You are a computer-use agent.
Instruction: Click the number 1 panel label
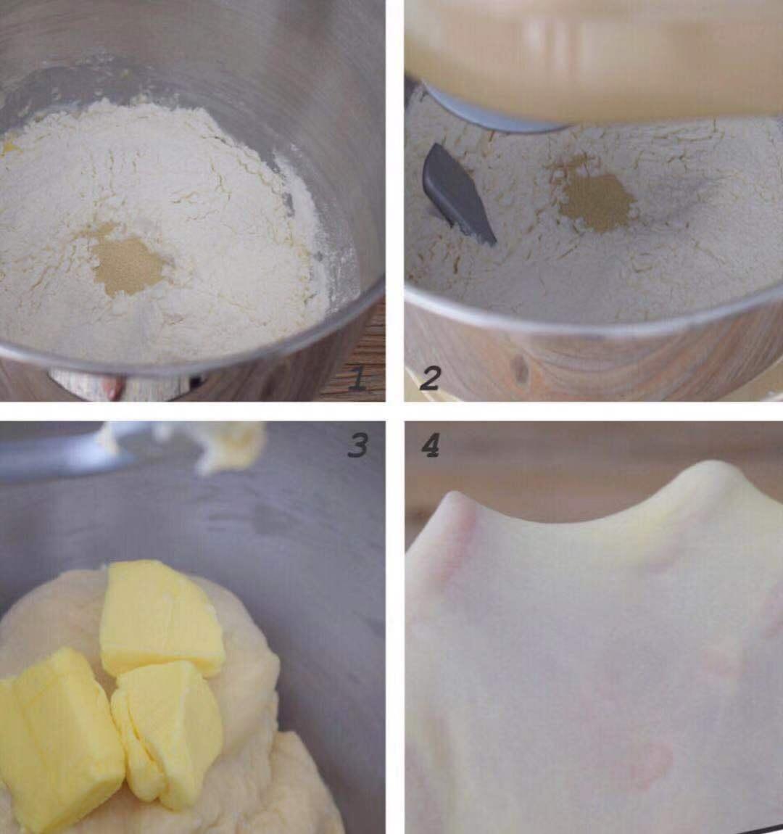pyautogui.click(x=358, y=379)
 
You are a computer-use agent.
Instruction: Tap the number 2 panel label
pyautogui.click(x=430, y=379)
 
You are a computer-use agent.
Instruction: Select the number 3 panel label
pyautogui.click(x=357, y=445)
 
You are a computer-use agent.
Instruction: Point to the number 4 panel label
pyautogui.click(x=430, y=445)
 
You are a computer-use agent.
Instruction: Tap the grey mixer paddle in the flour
pyautogui.click(x=457, y=194)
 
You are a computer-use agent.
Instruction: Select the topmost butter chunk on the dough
pyautogui.click(x=160, y=617)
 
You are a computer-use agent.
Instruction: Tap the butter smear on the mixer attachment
pyautogui.click(x=228, y=446)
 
